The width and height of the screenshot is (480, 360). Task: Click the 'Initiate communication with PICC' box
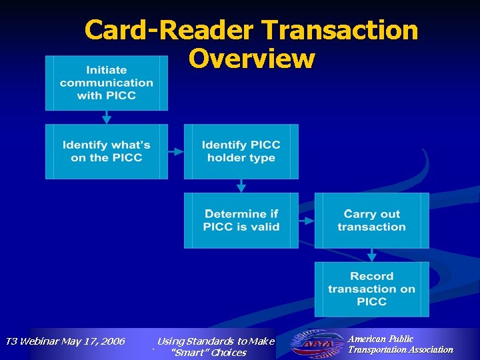pyautogui.click(x=107, y=83)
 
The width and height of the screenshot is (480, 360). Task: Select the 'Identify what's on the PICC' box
pyautogui.click(x=107, y=151)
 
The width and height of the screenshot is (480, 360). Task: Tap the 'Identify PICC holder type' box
pyautogui.click(x=241, y=151)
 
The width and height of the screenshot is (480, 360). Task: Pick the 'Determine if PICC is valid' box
pyautogui.click(x=241, y=221)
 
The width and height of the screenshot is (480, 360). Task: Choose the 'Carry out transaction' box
pyautogui.click(x=371, y=221)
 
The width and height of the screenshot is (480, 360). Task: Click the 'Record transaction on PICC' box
pyautogui.click(x=371, y=289)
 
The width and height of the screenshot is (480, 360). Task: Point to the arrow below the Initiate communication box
pyautogui.click(x=107, y=117)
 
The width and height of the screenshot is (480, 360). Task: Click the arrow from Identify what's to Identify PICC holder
pyautogui.click(x=175, y=152)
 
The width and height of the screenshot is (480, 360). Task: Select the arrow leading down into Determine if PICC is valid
pyautogui.click(x=241, y=186)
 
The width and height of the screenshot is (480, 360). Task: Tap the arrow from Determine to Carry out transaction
pyautogui.click(x=306, y=221)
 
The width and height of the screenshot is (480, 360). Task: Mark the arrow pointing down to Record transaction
pyautogui.click(x=372, y=255)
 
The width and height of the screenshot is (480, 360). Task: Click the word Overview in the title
pyautogui.click(x=251, y=59)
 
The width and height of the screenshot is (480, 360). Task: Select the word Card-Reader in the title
pyautogui.click(x=169, y=31)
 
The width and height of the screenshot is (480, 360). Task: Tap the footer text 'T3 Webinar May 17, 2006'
pyautogui.click(x=65, y=341)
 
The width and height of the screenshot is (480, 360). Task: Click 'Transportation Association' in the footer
pyautogui.click(x=400, y=349)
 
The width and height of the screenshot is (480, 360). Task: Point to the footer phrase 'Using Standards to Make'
pyautogui.click(x=215, y=341)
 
